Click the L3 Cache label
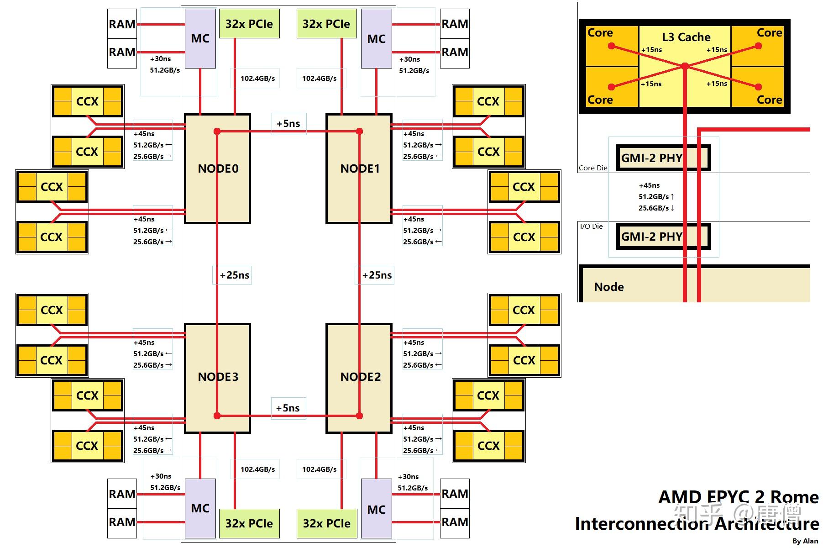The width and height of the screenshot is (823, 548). [x=686, y=37]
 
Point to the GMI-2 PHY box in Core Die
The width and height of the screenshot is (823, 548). [x=663, y=158]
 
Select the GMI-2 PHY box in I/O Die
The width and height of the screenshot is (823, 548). [x=663, y=237]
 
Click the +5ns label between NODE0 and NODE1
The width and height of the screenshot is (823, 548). [x=288, y=124]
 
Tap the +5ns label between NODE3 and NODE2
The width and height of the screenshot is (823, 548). [x=288, y=408]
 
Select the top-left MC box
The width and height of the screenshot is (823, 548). [x=200, y=39]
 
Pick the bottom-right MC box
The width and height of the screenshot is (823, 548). [x=376, y=509]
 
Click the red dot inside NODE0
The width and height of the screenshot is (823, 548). [x=217, y=132]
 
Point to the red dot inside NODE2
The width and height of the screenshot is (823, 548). [x=359, y=416]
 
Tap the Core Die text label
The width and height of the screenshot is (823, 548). [x=593, y=168]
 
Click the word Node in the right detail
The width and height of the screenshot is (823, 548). [x=609, y=287]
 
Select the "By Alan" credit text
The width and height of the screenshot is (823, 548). [x=805, y=541]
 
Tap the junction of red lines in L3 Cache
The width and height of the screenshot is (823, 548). [x=685, y=66]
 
